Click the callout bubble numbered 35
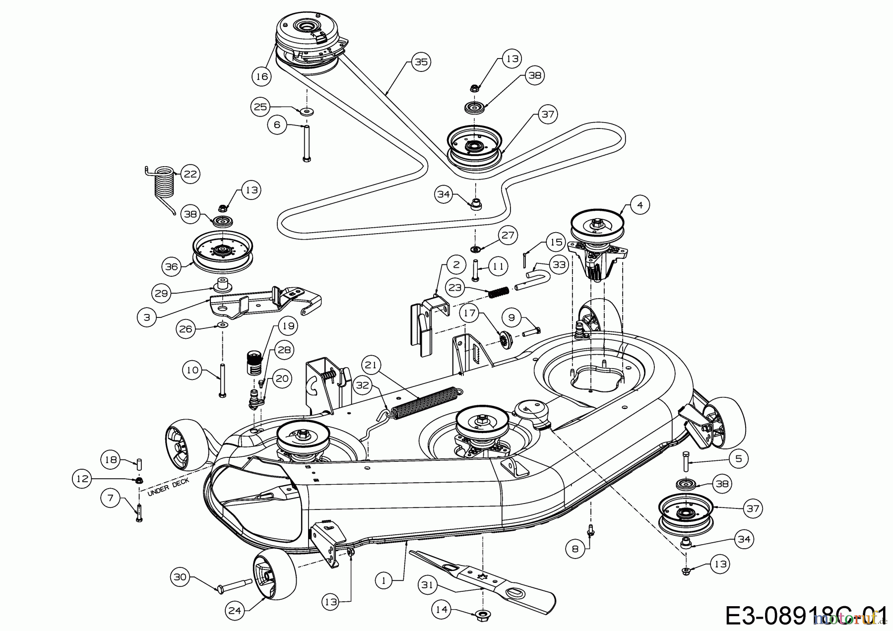pyautogui.click(x=421, y=62)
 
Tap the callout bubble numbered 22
pyautogui.click(x=190, y=174)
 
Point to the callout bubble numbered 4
pyautogui.click(x=640, y=204)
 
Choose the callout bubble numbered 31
pyautogui.click(x=427, y=585)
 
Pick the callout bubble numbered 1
pyautogui.click(x=383, y=580)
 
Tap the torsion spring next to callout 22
pyautogui.click(x=164, y=186)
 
